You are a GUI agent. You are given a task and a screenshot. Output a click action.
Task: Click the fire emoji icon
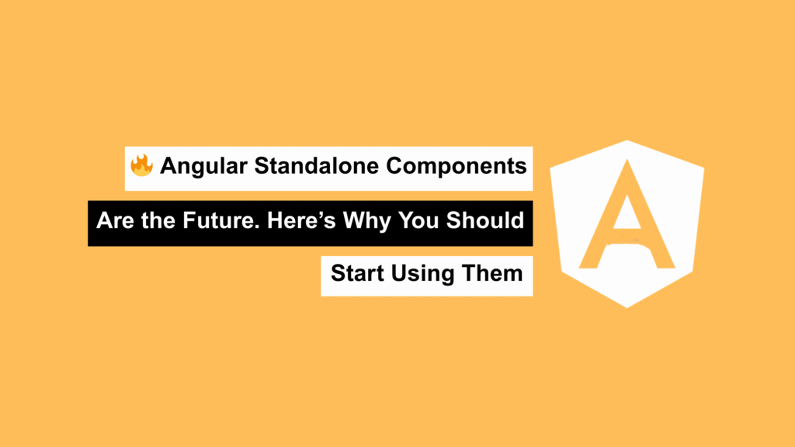(141, 165)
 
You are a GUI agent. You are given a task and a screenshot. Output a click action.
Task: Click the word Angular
(203, 167)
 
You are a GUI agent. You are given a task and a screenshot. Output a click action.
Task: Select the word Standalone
(317, 166)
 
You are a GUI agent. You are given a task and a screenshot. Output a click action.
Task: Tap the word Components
(457, 167)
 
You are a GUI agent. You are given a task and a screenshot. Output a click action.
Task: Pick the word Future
(218, 220)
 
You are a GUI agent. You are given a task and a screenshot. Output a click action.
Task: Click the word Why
(366, 221)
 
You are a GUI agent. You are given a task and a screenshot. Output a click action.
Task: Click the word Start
(357, 274)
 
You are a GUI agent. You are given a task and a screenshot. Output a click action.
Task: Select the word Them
(491, 274)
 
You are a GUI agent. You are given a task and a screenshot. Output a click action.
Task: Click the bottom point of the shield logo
(627, 307)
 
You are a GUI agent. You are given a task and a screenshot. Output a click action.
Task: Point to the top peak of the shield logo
(627, 140)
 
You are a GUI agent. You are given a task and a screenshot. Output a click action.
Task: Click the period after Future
(257, 227)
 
